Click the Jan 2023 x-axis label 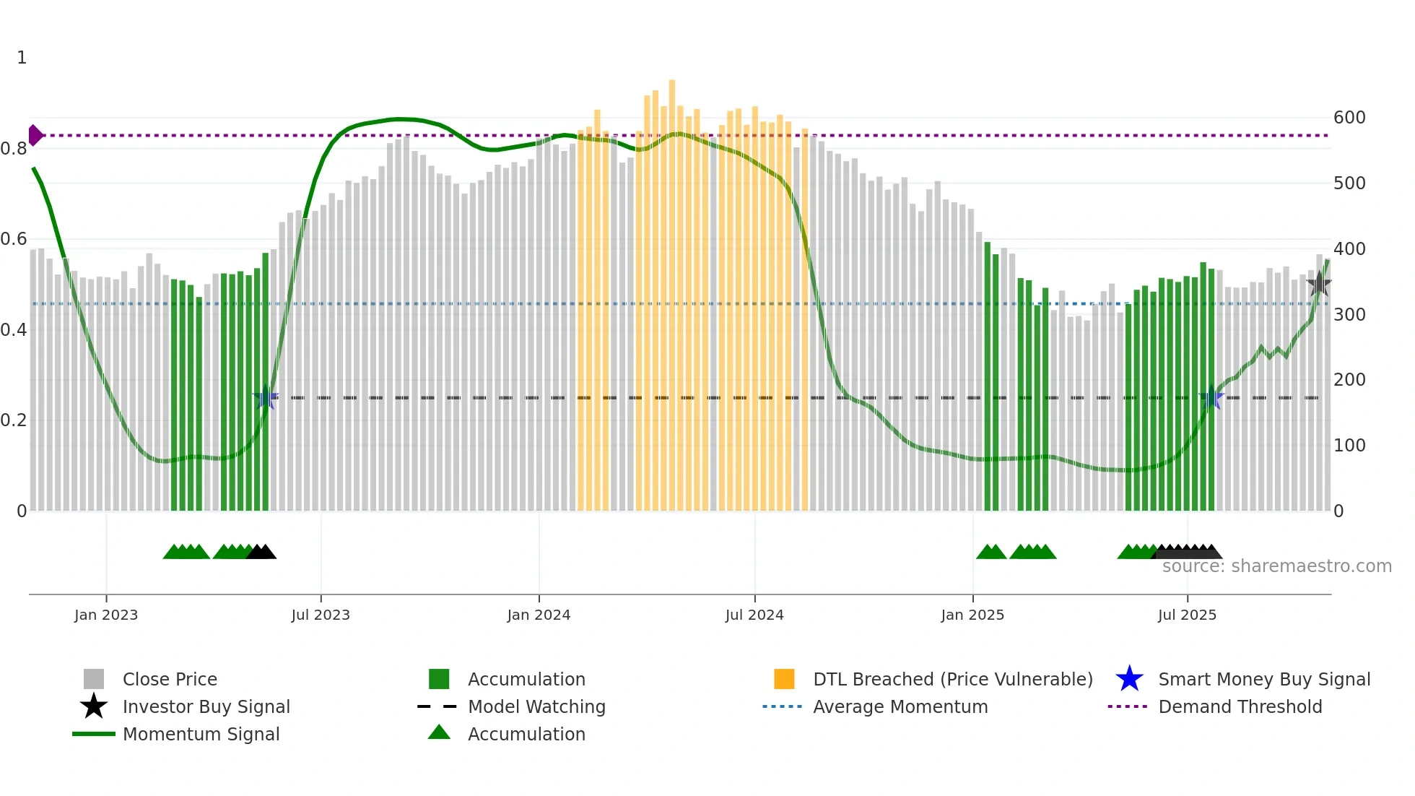pos(106,615)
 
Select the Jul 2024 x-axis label pos(754,615)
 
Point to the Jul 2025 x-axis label pos(1187,615)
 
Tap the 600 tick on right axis pos(1349,118)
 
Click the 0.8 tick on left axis pos(14,149)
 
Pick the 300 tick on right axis pos(1349,315)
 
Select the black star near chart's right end pos(1319,283)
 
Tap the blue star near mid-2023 pos(266,397)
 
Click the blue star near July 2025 pos(1211,397)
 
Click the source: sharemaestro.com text pos(1276,566)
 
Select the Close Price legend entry pos(170,679)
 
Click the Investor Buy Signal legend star pos(94,706)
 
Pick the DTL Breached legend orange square pos(784,679)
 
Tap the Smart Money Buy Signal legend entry pos(1263,679)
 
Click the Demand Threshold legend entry pos(1240,706)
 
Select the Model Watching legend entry pos(536,706)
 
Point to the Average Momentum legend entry pos(900,706)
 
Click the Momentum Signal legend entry pos(201,734)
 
